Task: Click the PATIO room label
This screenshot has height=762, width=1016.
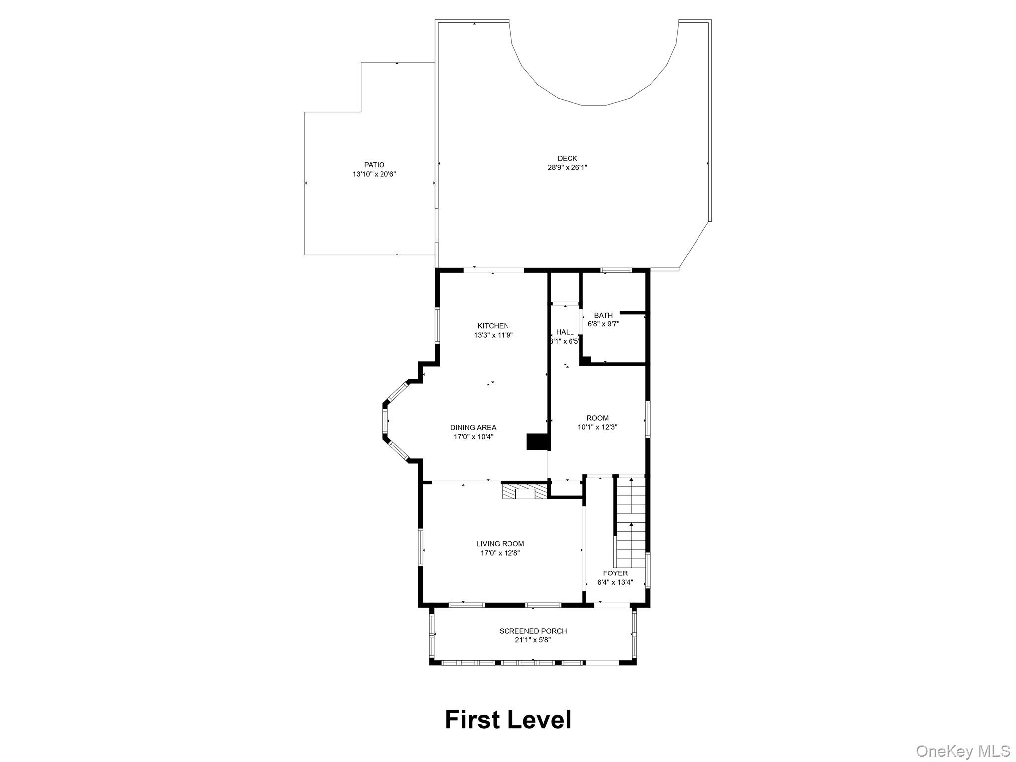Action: coord(374,165)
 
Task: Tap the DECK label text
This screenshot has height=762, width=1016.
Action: coord(567,159)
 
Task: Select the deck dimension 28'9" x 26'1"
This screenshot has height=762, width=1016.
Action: coord(567,168)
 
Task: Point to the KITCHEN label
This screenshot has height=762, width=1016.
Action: coord(493,326)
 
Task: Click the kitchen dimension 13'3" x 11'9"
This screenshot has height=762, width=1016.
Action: coord(493,335)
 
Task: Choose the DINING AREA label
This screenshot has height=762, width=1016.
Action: coord(473,427)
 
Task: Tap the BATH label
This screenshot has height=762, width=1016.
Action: coord(603,315)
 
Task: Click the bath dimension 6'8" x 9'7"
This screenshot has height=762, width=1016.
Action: coord(603,324)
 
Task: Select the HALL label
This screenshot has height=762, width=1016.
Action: coord(565,332)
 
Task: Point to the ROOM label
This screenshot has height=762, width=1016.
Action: coord(597,418)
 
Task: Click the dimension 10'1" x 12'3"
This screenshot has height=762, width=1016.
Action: coord(597,427)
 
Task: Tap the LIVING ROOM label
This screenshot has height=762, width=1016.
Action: coord(500,544)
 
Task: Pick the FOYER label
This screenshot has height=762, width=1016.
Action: coord(615,573)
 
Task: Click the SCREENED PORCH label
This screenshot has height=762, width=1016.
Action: coord(533,631)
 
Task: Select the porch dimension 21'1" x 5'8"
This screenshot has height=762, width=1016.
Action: coord(533,640)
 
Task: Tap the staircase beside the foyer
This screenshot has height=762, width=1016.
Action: coord(631,521)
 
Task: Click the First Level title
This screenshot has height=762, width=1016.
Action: coord(508,719)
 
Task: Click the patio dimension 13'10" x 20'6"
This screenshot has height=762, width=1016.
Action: coord(374,174)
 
